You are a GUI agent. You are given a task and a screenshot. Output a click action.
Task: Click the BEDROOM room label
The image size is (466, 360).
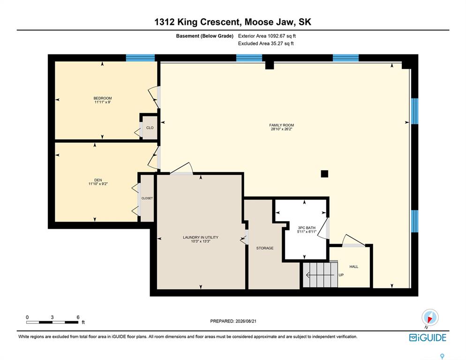(x=103, y=98)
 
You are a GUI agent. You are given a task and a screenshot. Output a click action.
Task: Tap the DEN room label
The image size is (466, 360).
(x=98, y=180)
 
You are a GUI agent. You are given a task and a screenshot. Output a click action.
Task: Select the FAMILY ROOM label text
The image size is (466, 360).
(x=281, y=125)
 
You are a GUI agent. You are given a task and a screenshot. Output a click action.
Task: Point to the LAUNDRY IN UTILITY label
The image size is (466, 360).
(x=201, y=237)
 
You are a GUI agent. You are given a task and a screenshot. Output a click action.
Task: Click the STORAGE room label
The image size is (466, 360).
(x=265, y=248)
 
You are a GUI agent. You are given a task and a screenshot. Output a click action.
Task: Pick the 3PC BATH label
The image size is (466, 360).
(x=307, y=228)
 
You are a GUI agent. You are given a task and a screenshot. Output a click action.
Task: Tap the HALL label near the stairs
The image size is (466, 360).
(x=353, y=267)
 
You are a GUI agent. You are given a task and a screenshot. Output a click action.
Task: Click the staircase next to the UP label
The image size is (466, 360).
(x=320, y=275)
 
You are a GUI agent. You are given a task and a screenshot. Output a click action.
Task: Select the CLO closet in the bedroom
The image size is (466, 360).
(x=150, y=127)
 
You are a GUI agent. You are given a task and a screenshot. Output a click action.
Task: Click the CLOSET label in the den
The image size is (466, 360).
(x=147, y=198)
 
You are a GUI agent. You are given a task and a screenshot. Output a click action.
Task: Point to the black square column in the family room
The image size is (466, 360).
(x=324, y=173)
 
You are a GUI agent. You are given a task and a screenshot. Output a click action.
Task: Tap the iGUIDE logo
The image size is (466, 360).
(x=428, y=337)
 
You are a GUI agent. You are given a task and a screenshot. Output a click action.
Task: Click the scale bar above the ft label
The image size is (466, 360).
(x=53, y=322)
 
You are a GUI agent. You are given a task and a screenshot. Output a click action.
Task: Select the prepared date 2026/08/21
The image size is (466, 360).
(x=246, y=321)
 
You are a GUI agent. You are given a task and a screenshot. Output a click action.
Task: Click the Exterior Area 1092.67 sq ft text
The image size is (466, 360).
(x=267, y=36)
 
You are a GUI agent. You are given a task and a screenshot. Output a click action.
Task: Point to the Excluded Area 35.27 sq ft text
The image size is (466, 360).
(x=266, y=44)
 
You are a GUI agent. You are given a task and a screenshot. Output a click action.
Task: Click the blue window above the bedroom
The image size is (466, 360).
(x=140, y=58)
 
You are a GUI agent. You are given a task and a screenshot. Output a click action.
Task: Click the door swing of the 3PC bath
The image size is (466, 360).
(x=324, y=228)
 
